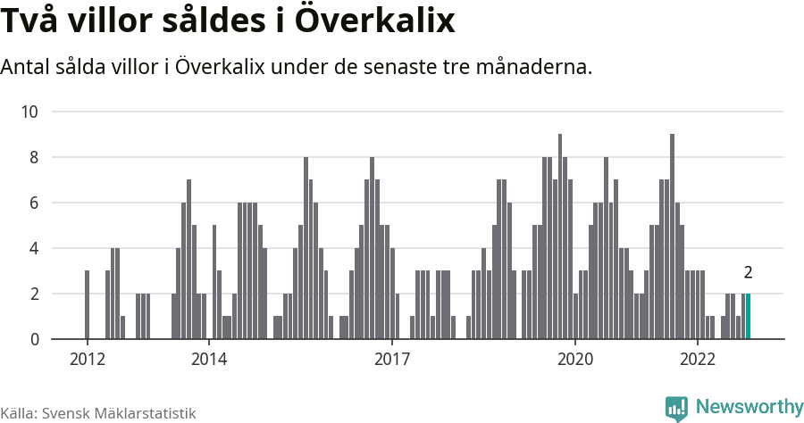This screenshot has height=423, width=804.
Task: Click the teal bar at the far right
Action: pyautogui.click(x=749, y=317)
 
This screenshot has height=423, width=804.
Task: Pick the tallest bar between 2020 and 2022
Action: pyautogui.click(x=672, y=236)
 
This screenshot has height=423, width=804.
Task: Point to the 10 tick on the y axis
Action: pyautogui.click(x=29, y=112)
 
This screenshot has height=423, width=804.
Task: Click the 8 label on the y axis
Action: pyautogui.click(x=34, y=157)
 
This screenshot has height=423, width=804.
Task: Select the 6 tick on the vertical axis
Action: pyautogui.click(x=34, y=203)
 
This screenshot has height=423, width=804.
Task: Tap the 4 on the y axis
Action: pyautogui.click(x=34, y=248)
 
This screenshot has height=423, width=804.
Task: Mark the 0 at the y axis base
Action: pyautogui.click(x=34, y=339)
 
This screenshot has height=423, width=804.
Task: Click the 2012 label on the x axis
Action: pyautogui.click(x=87, y=360)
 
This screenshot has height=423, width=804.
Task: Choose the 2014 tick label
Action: pyautogui.click(x=208, y=360)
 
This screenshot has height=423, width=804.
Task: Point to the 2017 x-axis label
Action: pyautogui.click(x=391, y=360)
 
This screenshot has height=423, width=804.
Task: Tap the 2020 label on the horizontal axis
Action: pyautogui.click(x=574, y=360)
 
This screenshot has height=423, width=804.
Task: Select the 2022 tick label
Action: pyautogui.click(x=697, y=360)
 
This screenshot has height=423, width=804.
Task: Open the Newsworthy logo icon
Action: pyautogui.click(x=676, y=408)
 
